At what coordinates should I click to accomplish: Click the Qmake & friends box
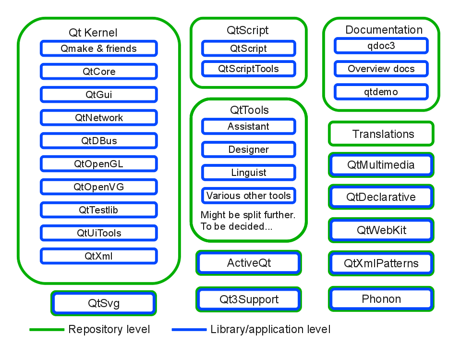[98, 49]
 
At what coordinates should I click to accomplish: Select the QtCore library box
[98, 72]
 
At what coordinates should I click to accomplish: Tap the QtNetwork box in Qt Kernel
[98, 118]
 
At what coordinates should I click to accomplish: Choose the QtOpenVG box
[98, 187]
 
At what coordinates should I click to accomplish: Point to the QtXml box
[98, 256]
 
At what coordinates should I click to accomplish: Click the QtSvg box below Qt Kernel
[104, 303]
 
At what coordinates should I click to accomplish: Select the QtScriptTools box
[248, 69]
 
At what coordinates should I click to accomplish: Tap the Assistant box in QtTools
[248, 126]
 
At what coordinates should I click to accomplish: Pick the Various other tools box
[248, 196]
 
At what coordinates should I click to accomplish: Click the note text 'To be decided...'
[236, 226]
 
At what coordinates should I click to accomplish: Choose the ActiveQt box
[249, 263]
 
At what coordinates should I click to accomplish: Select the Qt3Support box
[249, 299]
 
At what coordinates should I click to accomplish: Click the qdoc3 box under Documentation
[381, 46]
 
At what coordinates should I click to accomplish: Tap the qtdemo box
[381, 92]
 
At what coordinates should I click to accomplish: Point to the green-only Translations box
[381, 134]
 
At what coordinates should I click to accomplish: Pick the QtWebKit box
[381, 230]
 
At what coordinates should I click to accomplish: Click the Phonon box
[381, 299]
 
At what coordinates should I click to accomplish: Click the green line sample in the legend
[47, 330]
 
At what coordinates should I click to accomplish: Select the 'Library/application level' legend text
[270, 330]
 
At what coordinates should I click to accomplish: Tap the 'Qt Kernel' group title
[93, 33]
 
